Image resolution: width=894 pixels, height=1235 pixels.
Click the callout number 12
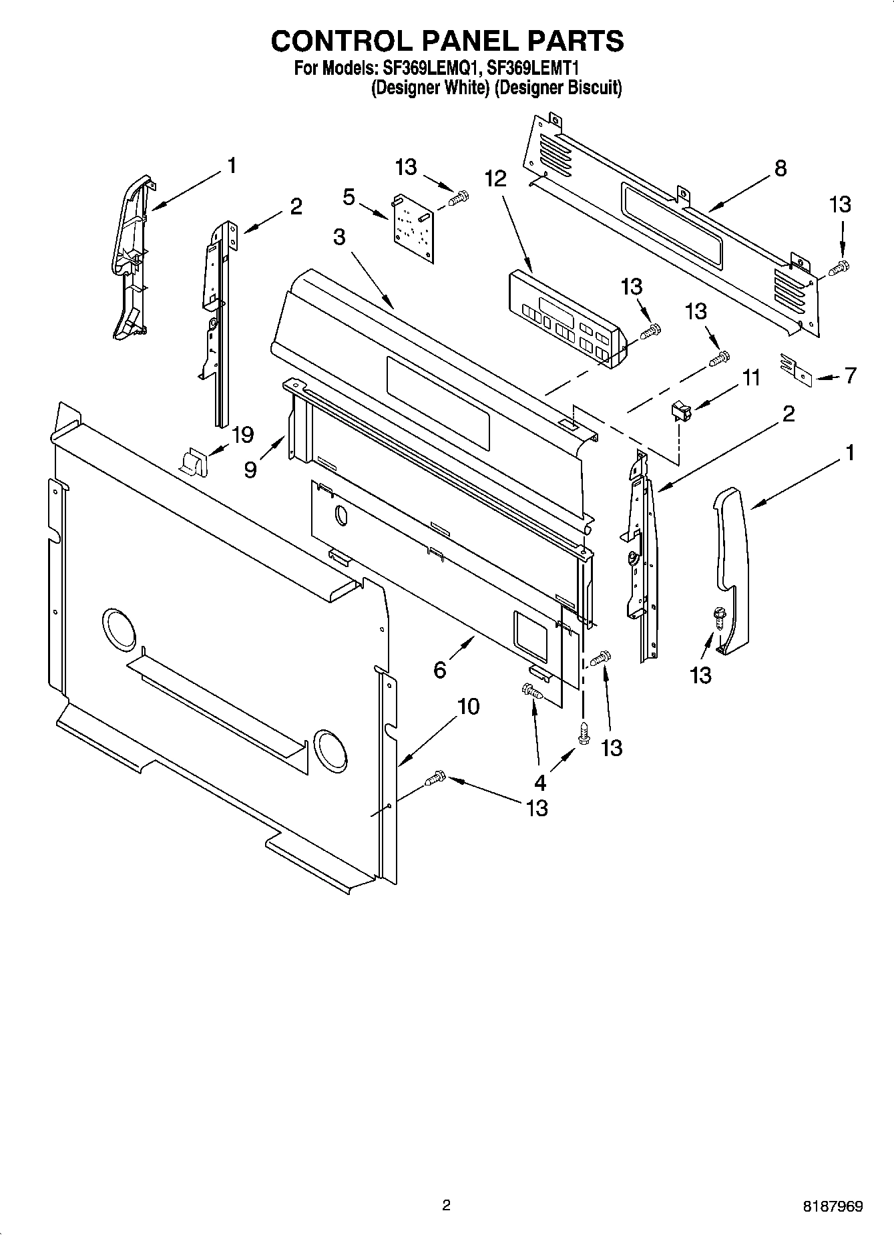496,179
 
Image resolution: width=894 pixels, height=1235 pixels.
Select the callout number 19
242,435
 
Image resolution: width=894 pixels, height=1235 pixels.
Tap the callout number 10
469,707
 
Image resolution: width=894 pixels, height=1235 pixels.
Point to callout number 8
780,168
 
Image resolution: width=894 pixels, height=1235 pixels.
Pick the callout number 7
850,376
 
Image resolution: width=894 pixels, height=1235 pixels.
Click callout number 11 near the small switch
751,378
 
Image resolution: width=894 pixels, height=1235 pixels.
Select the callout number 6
439,669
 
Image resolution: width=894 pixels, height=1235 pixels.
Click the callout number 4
539,782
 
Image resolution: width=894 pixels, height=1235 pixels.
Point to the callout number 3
339,236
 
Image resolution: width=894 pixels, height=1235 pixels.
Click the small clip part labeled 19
194,460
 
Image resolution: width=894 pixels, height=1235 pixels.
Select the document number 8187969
832,1206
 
